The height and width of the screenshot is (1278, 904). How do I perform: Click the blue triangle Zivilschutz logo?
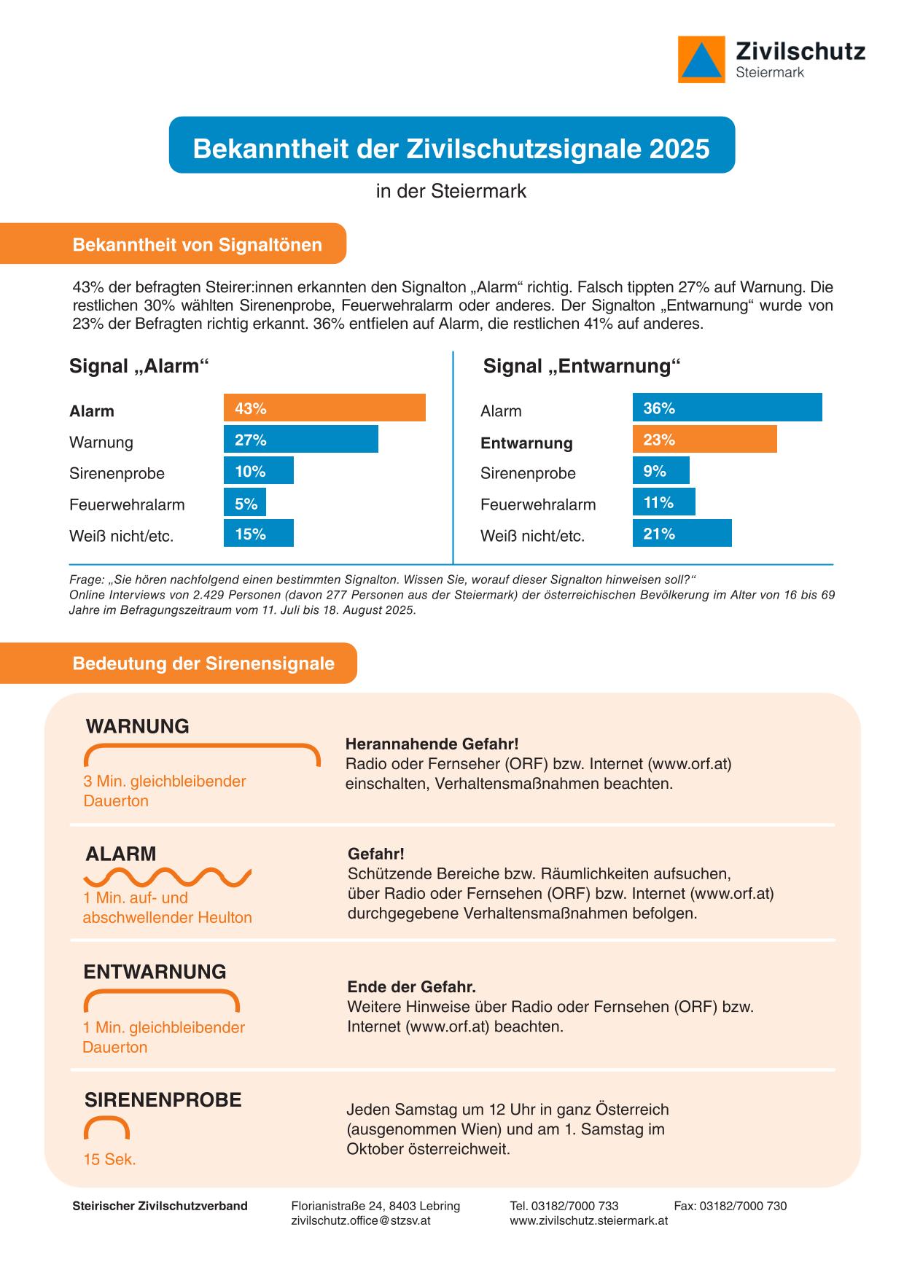point(701,60)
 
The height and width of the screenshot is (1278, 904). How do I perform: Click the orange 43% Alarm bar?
point(324,408)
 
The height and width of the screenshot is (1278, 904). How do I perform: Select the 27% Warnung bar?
point(300,440)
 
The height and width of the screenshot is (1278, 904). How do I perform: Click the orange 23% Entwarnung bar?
point(704,440)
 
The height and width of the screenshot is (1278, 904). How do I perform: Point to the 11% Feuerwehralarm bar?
point(663,502)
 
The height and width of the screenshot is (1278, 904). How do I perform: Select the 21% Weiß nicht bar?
point(682,534)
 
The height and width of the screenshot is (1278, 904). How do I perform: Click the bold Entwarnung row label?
point(526,443)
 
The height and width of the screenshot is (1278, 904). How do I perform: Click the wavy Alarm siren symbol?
point(168,877)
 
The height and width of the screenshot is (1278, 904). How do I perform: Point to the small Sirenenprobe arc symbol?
point(107,1128)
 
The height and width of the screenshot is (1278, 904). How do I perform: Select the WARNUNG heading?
point(138,726)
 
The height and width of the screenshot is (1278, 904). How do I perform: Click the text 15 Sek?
point(109,1159)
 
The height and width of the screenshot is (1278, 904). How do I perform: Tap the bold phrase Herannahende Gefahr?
point(432,744)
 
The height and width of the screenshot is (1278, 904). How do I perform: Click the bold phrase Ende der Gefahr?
point(411,987)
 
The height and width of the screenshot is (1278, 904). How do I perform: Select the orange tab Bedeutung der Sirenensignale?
point(203,663)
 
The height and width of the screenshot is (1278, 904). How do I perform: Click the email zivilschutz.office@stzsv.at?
point(360,1220)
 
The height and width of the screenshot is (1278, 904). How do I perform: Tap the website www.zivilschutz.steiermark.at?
point(588,1220)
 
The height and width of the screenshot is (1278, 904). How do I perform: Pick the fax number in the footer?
point(730,1206)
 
